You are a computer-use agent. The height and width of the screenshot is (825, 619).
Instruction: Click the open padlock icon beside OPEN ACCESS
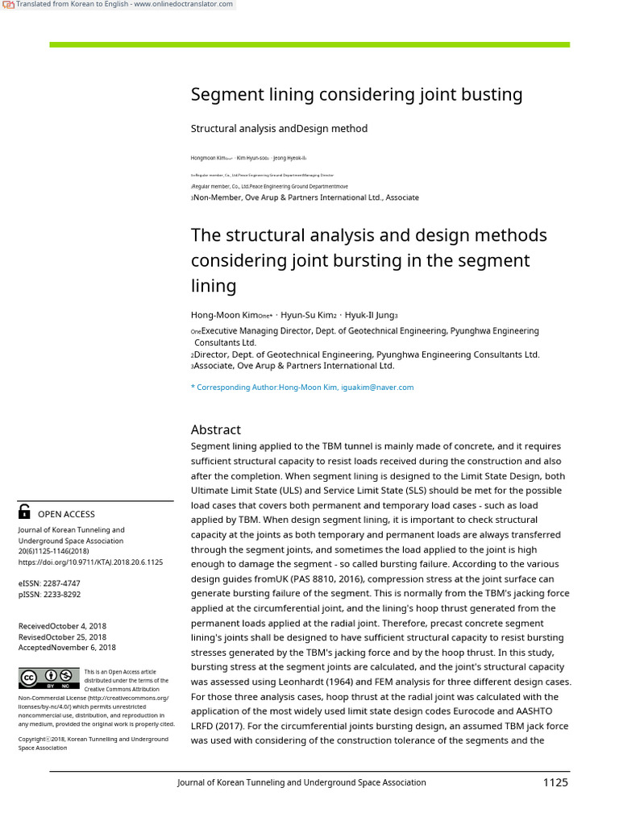[24, 512]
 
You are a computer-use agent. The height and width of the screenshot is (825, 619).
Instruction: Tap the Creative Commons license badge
[50, 678]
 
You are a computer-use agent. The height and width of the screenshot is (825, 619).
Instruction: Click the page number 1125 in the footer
[555, 782]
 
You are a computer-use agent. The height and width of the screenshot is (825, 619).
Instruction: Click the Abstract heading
[216, 429]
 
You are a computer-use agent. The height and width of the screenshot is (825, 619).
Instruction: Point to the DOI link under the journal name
[90, 562]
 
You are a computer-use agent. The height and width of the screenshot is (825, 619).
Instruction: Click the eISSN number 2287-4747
[61, 582]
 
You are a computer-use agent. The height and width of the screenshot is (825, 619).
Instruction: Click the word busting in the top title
[492, 95]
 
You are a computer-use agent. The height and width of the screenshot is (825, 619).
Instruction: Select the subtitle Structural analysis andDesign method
[279, 129]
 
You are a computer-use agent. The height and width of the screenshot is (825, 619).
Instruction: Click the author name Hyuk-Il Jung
[368, 315]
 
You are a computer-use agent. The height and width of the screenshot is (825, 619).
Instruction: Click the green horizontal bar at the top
[309, 44]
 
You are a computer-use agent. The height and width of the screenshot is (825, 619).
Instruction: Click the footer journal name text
[301, 782]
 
